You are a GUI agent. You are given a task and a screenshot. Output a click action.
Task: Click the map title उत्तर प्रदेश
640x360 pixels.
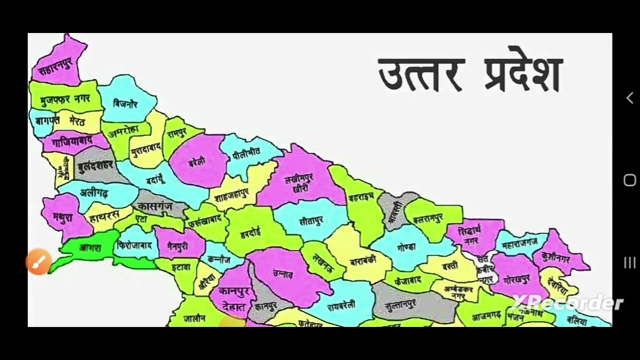[470, 75]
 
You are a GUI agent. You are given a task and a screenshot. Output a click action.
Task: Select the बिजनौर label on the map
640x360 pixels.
[125, 104]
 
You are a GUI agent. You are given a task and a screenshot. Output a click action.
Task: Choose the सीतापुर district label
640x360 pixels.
[311, 220]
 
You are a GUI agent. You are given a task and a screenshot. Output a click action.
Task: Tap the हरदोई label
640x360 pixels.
[250, 233]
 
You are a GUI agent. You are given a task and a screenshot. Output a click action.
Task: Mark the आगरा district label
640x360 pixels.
[90, 247]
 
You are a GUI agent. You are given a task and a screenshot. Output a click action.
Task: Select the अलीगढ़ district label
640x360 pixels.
[94, 193]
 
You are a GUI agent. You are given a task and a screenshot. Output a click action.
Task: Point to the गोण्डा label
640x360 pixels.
[406, 247]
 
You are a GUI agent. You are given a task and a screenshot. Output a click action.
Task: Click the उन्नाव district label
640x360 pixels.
[283, 273]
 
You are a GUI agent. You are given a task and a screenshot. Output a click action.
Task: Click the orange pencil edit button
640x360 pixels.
[38, 261]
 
